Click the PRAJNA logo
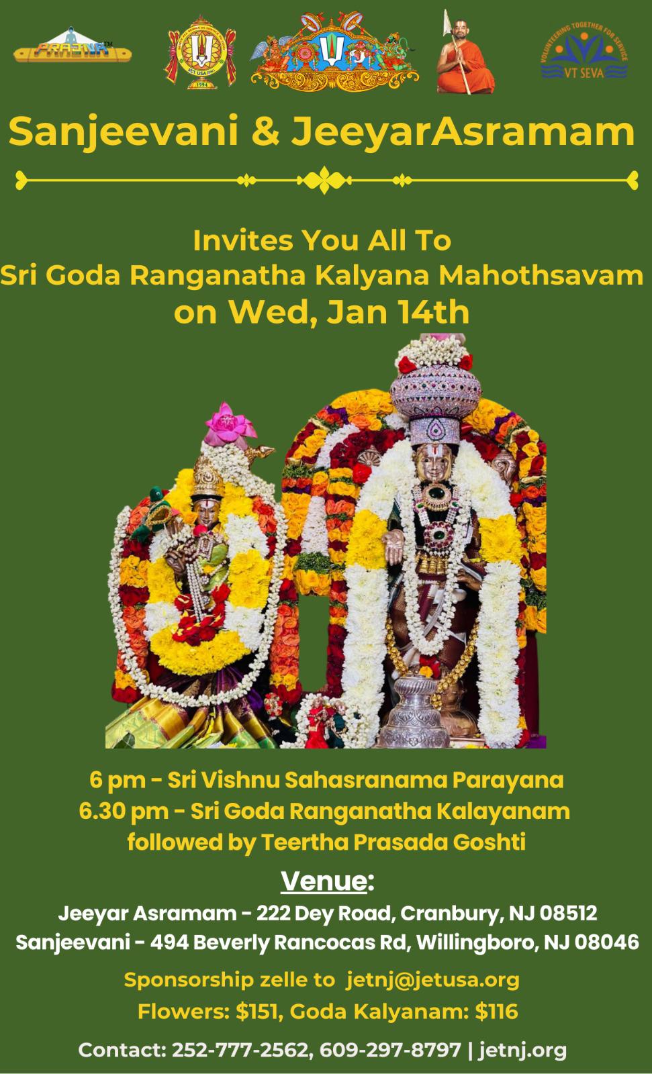tap(73, 46)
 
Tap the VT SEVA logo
tap(584, 52)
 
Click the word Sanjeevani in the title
tap(124, 132)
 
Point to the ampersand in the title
tap(265, 131)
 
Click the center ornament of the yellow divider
tap(325, 181)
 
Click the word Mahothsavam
tap(541, 275)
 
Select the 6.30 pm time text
tap(124, 812)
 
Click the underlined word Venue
tap(324, 881)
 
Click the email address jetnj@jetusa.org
tap(432, 979)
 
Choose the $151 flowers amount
tap(257, 1012)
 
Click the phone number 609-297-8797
tap(390, 1050)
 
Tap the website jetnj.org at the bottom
tap(522, 1051)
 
